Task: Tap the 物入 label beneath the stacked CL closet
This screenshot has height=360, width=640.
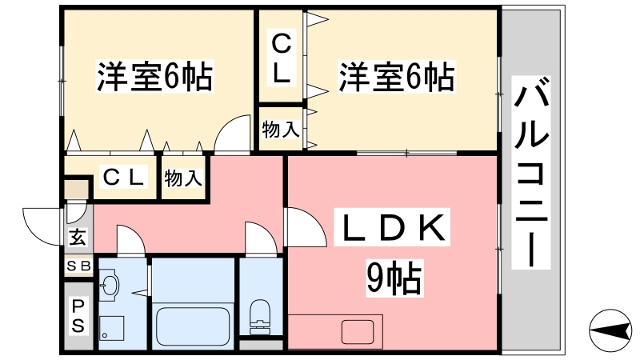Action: (x=282, y=128)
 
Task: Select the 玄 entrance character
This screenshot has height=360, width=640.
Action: (x=77, y=238)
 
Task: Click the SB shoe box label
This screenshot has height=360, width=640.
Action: (x=78, y=266)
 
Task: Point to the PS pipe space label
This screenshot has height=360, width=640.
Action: (x=78, y=314)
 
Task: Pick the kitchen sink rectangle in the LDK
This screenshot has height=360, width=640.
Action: (x=353, y=330)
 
